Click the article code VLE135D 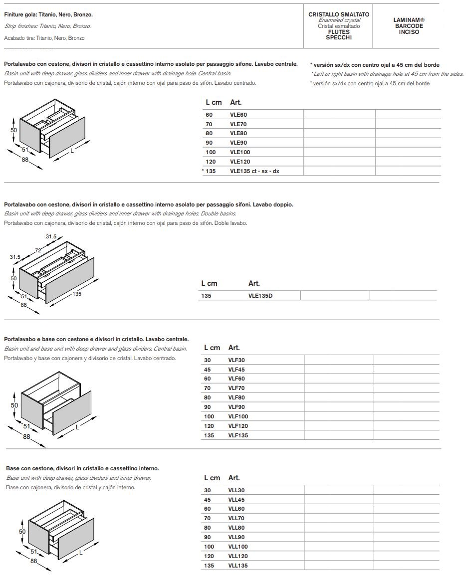(260, 295)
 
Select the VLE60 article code (238, 115)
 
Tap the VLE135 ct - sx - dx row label (254, 171)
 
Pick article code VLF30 (236, 360)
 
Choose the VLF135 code (238, 435)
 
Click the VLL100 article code (238, 547)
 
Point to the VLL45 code (236, 500)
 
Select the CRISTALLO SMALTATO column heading (339, 14)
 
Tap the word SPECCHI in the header (339, 37)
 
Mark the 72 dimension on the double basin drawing (37, 249)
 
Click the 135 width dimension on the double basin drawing (77, 294)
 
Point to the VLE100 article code (240, 152)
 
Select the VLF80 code (236, 397)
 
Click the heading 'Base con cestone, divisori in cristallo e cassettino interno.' (82, 469)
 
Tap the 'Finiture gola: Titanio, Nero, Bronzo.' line (48, 15)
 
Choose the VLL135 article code (238, 566)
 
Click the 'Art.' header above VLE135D (254, 283)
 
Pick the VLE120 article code (240, 162)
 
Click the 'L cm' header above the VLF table (213, 348)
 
